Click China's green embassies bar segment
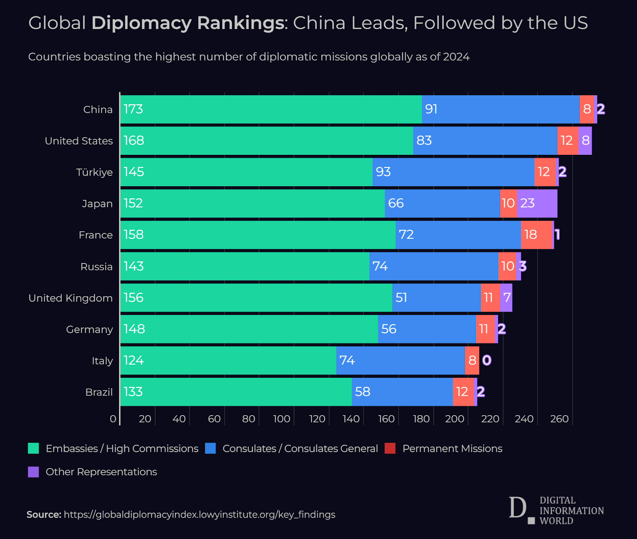(x=271, y=109)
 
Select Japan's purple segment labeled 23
(x=537, y=203)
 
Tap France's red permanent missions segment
(x=536, y=235)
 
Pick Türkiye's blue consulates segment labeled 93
(x=453, y=172)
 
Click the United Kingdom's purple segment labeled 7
(x=506, y=297)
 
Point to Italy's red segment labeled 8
(x=472, y=360)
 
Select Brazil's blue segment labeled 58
(x=402, y=392)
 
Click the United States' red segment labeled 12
(x=567, y=141)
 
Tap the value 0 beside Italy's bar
(x=487, y=360)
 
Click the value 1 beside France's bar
(x=557, y=234)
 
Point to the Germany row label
(x=89, y=330)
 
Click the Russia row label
(x=96, y=267)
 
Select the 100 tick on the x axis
(x=281, y=419)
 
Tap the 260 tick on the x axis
(x=559, y=419)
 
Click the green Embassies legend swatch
(x=33, y=448)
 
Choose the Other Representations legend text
(x=101, y=472)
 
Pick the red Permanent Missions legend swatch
(x=390, y=448)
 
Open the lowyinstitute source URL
(x=199, y=515)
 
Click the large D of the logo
(x=518, y=508)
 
